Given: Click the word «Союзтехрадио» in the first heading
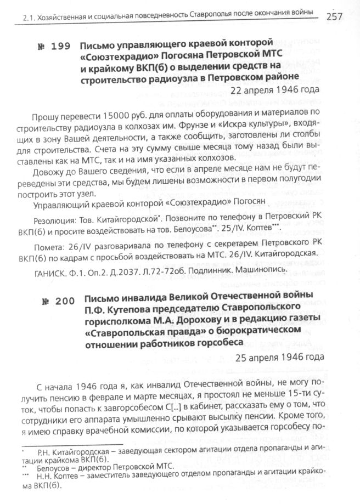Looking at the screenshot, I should (x=115, y=56).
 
